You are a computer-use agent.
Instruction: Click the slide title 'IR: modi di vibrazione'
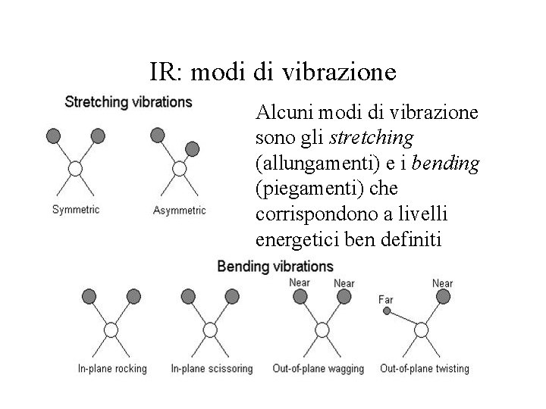tap(272, 72)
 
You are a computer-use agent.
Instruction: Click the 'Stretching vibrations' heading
tap(128, 101)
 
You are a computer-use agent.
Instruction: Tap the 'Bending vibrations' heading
tap(275, 267)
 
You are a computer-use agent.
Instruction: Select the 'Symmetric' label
tap(76, 209)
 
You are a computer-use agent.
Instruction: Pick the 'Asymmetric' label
tap(179, 210)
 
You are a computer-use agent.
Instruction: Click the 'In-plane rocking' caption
tap(112, 369)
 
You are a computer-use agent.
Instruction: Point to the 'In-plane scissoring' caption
tap(212, 369)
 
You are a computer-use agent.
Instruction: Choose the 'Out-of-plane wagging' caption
tap(318, 369)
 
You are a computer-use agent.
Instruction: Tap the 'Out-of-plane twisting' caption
tap(425, 369)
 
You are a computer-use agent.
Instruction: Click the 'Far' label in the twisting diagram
tap(386, 299)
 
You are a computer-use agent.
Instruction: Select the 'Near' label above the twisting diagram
tap(442, 283)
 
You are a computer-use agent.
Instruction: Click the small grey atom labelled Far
tap(387, 311)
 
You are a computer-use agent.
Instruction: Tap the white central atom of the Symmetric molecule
tap(76, 167)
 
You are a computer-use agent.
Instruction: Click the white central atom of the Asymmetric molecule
tap(180, 167)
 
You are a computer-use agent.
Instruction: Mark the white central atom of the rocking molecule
tap(111, 329)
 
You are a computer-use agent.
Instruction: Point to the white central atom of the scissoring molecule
tap(210, 329)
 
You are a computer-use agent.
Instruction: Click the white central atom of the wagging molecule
tap(321, 329)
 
